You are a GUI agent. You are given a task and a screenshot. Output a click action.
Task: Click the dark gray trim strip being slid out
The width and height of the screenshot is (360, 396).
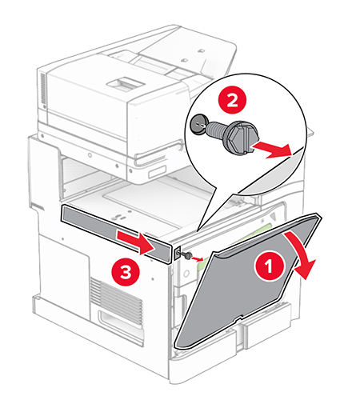click(112, 223)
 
